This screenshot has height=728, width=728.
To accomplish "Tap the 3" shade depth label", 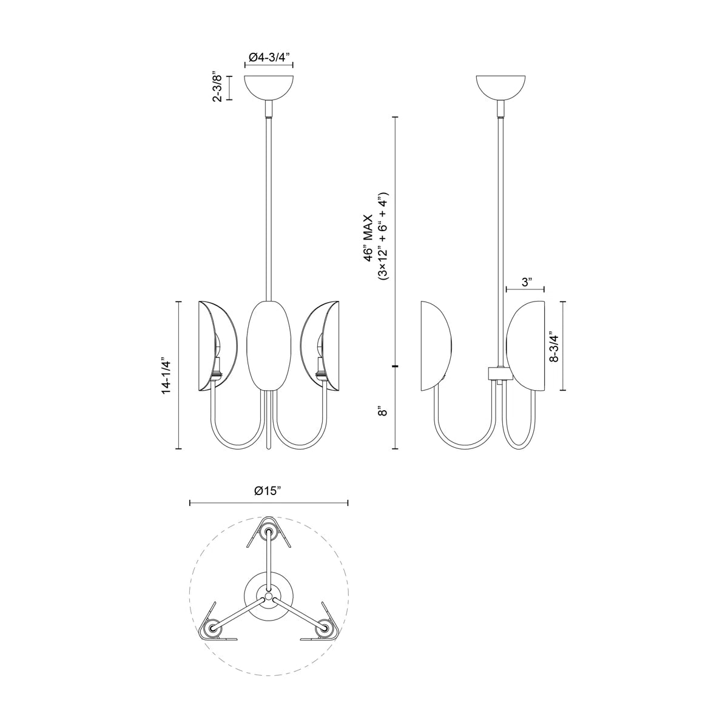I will tap(526, 282).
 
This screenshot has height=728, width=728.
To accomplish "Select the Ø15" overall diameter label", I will tap(269, 491).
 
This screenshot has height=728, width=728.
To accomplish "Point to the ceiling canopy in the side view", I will tap(500, 86).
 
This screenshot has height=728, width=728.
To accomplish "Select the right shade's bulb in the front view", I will tap(318, 349).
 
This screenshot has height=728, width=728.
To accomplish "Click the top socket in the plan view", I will tap(269, 533).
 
